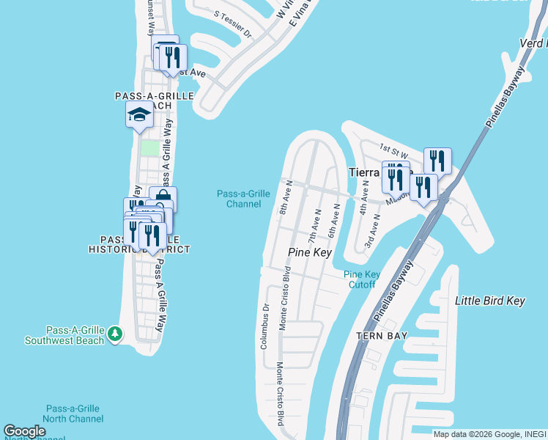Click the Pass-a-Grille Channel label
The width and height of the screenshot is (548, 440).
[x=244, y=198]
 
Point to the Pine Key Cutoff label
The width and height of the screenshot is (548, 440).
[x=362, y=279]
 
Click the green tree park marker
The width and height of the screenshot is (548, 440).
[x=115, y=334]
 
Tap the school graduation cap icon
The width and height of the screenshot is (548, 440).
[x=139, y=115]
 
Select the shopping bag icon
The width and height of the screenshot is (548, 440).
[x=163, y=199]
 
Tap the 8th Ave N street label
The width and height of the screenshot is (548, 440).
[x=286, y=198]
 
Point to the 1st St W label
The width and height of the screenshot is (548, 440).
[x=393, y=150]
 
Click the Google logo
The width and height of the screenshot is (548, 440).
[x=24, y=431]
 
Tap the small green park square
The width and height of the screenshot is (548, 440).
[x=149, y=148]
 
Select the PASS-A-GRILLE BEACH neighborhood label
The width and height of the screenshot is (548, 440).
[x=154, y=100]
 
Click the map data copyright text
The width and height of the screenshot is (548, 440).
[x=489, y=434]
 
